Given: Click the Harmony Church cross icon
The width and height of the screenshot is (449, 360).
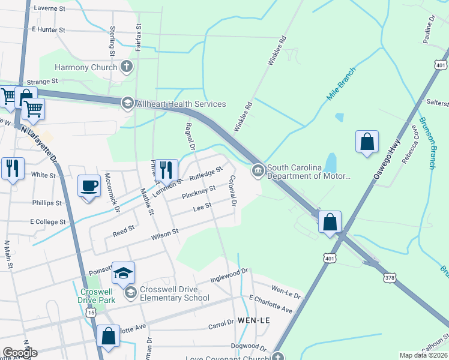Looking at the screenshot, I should [127, 67].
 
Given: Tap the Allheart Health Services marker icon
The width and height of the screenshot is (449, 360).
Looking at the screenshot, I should [127, 104].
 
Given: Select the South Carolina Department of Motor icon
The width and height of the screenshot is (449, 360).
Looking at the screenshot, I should [258, 172].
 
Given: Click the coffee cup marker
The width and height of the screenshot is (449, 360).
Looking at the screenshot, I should [89, 185].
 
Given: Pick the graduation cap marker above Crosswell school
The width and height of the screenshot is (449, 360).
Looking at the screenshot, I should [123, 273].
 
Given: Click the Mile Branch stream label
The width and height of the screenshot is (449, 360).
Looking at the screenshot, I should [342, 85].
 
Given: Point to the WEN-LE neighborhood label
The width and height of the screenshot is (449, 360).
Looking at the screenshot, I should [255, 320].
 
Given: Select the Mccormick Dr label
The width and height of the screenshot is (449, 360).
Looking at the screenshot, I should [112, 193].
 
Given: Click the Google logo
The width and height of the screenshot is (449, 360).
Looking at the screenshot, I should [20, 353].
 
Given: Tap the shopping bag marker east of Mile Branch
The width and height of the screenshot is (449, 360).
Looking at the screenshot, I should [367, 143].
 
